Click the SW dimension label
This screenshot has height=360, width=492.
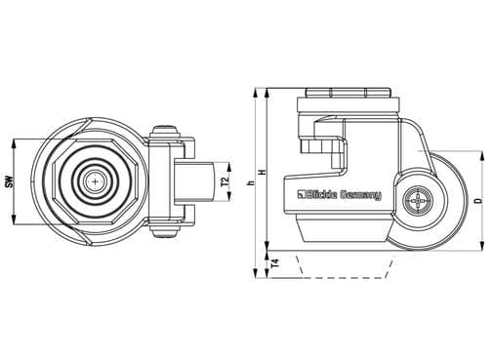click(x=11, y=181)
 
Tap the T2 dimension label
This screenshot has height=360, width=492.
click(x=225, y=181)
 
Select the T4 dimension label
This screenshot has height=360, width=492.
click(x=275, y=262)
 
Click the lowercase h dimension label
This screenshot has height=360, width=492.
click(x=251, y=183)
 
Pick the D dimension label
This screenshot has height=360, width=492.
click(x=478, y=200)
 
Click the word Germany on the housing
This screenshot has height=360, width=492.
click(x=360, y=195)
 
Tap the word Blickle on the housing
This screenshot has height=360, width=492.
click(x=320, y=194)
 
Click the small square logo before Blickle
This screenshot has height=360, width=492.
click(x=300, y=194)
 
